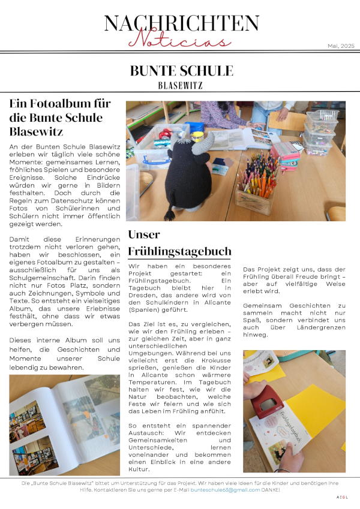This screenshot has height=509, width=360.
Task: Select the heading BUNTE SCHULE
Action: [x=181, y=71]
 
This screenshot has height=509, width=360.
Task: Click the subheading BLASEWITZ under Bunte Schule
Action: [x=180, y=85]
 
